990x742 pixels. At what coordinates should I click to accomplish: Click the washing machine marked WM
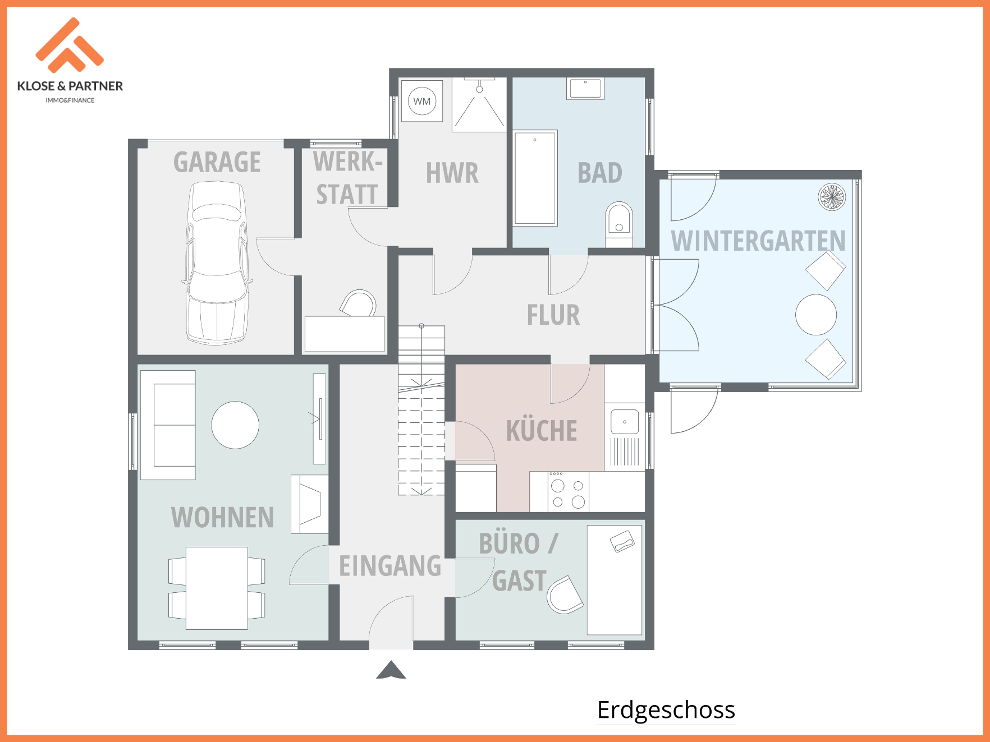coord(422,101)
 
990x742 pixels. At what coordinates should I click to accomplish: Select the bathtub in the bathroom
coord(535,178)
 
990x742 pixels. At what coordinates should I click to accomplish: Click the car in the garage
coord(217,262)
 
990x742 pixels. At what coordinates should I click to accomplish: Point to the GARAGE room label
coord(217,162)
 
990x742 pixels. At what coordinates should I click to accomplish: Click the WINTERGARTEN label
coord(758,241)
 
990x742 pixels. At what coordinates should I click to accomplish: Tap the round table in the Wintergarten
coord(816,315)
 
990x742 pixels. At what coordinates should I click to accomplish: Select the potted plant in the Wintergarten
coord(832,197)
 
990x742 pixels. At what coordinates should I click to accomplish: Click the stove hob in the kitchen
coord(567,491)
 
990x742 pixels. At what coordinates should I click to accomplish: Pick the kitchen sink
coord(625,422)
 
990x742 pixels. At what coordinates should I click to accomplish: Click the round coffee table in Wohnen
coord(235,425)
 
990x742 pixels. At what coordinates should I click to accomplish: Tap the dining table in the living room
coord(217,588)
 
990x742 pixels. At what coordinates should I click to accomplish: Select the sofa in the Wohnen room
coord(168,425)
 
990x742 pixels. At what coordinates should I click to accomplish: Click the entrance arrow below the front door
coord(391,670)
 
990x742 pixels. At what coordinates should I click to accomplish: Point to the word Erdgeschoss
coord(666,709)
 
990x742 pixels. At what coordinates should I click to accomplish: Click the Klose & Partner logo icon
coord(70,45)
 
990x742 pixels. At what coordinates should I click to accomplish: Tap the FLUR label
coord(553,315)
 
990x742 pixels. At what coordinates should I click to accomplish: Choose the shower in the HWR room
coord(479,105)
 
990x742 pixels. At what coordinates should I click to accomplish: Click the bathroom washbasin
coord(585,89)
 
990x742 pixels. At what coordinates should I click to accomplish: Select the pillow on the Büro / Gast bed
coord(622,541)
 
